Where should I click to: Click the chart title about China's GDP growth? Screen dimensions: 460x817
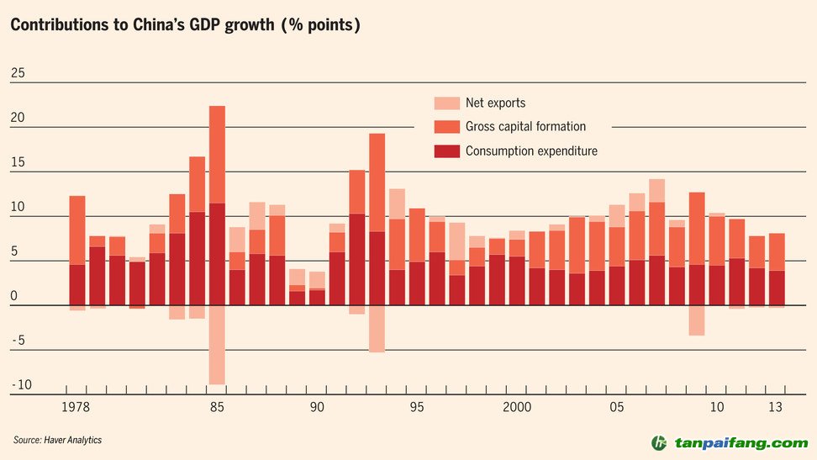186,25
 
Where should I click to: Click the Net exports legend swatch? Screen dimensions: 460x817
446,103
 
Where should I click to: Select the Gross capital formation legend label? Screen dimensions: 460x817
525,127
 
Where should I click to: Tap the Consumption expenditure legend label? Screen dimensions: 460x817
531,151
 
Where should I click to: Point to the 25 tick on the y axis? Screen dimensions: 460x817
18,74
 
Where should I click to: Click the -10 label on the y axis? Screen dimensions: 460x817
21,385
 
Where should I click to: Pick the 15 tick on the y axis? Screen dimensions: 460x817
18,162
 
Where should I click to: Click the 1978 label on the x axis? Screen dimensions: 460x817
77,408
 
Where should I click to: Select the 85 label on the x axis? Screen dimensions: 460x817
217,408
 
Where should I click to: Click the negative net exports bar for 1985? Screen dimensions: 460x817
217,345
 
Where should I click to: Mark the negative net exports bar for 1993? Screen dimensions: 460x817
377,329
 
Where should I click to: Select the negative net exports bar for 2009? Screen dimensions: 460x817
696,320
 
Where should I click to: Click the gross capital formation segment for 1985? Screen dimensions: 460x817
217,155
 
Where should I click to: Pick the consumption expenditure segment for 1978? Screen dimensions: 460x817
77,285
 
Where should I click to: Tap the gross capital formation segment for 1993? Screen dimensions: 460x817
377,182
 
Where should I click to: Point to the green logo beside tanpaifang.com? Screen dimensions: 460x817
660,443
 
